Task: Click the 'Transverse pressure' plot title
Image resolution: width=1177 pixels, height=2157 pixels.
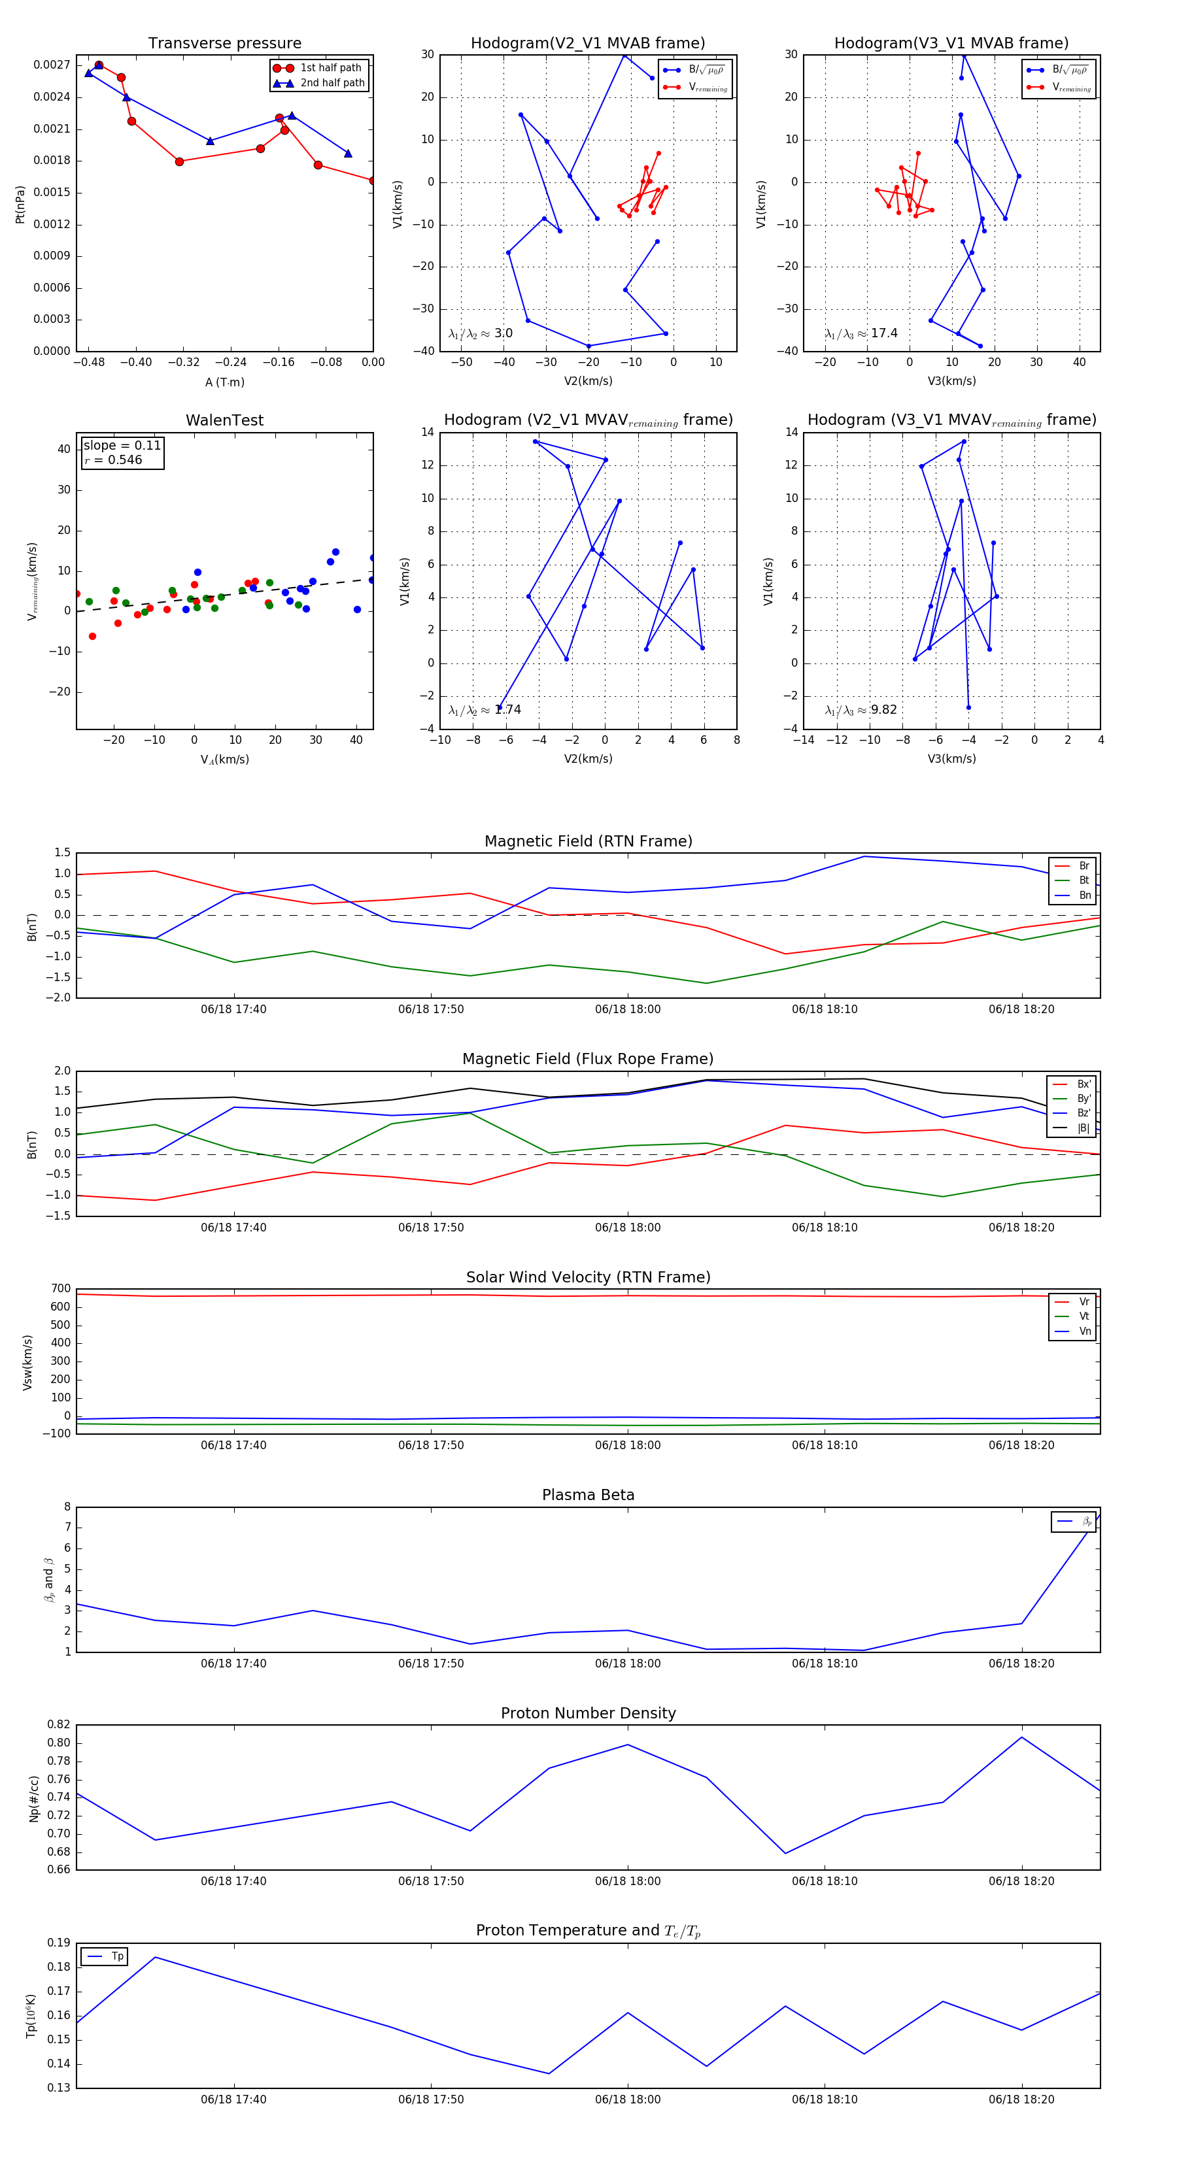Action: pyautogui.click(x=224, y=44)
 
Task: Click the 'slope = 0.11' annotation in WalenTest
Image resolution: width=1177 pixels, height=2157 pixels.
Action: pyautogui.click(x=122, y=446)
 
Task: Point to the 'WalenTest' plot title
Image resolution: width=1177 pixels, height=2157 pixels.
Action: pyautogui.click(x=224, y=420)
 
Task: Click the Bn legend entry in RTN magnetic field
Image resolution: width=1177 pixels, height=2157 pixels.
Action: pyautogui.click(x=1084, y=895)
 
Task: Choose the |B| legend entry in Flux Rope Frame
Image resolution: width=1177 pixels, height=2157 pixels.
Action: pyautogui.click(x=1083, y=1128)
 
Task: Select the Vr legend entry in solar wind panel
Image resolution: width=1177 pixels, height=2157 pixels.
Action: pyautogui.click(x=1084, y=1301)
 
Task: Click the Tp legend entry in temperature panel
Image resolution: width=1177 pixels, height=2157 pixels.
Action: pyautogui.click(x=116, y=1956)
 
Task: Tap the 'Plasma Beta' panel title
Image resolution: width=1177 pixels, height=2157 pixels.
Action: pyautogui.click(x=588, y=1495)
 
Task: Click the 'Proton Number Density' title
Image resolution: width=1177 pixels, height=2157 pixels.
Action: pyautogui.click(x=588, y=1713)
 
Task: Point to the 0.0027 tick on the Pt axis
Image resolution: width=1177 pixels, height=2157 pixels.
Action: pyautogui.click(x=51, y=65)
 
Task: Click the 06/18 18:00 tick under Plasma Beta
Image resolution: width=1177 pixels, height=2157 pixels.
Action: pyautogui.click(x=628, y=1663)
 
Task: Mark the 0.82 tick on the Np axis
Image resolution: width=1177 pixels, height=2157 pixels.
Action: pyautogui.click(x=59, y=1724)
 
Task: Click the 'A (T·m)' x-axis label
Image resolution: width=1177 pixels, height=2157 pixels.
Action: pyautogui.click(x=224, y=382)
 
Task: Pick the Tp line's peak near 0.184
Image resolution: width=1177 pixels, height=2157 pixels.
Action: pyautogui.click(x=156, y=1957)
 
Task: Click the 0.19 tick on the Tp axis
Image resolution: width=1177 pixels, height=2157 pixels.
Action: pyautogui.click(x=59, y=1943)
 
